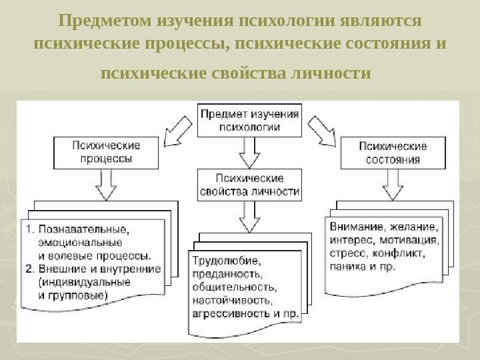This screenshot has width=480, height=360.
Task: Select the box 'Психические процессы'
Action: tap(106, 153)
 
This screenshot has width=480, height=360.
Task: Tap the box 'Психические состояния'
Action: tap(393, 153)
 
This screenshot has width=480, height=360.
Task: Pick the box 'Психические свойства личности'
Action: tap(249, 185)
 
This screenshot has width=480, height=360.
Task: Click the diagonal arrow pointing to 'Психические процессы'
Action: tap(178, 129)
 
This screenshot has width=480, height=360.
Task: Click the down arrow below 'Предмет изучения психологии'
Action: tap(249, 153)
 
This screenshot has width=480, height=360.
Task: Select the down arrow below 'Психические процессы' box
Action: tap(106, 184)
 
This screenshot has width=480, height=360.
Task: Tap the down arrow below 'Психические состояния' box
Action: tap(393, 184)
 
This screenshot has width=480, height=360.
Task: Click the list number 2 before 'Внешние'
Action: tap(29, 269)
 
